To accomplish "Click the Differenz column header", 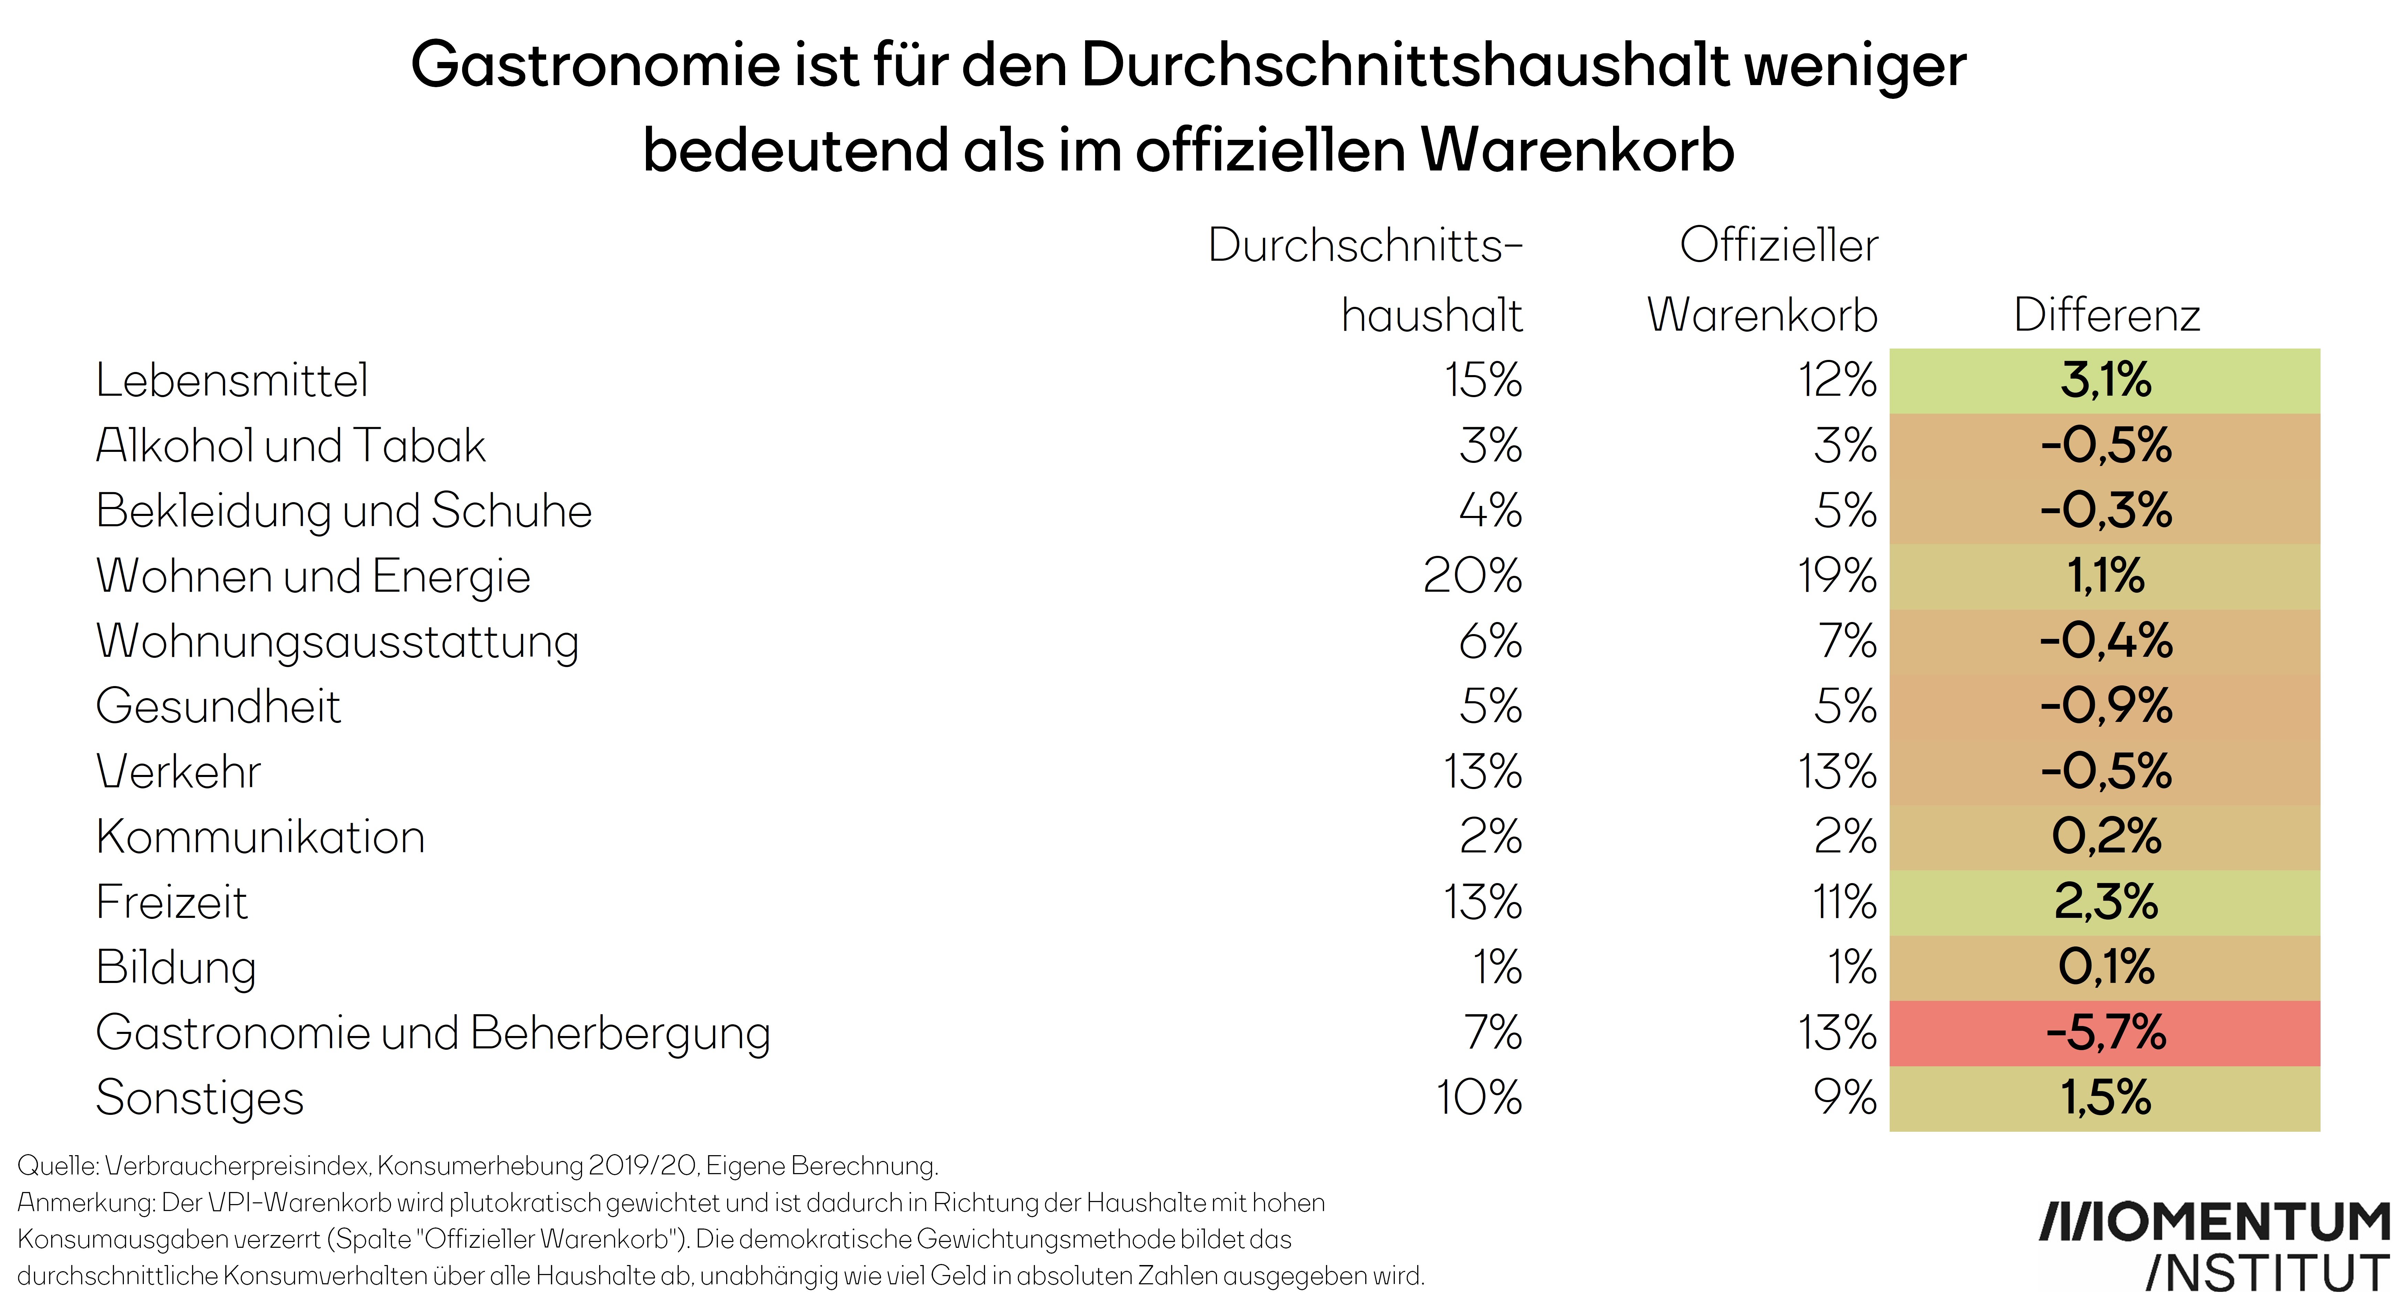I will (x=2106, y=315).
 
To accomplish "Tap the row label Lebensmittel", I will (x=232, y=380).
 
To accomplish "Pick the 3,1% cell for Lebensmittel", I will (x=2106, y=380).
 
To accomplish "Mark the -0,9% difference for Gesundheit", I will (x=2106, y=706).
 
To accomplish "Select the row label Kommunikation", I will (x=261, y=836).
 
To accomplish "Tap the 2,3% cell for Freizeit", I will (x=2106, y=902).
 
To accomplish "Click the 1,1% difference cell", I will (x=2106, y=576).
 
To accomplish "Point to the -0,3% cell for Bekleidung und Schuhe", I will (x=2106, y=510).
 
